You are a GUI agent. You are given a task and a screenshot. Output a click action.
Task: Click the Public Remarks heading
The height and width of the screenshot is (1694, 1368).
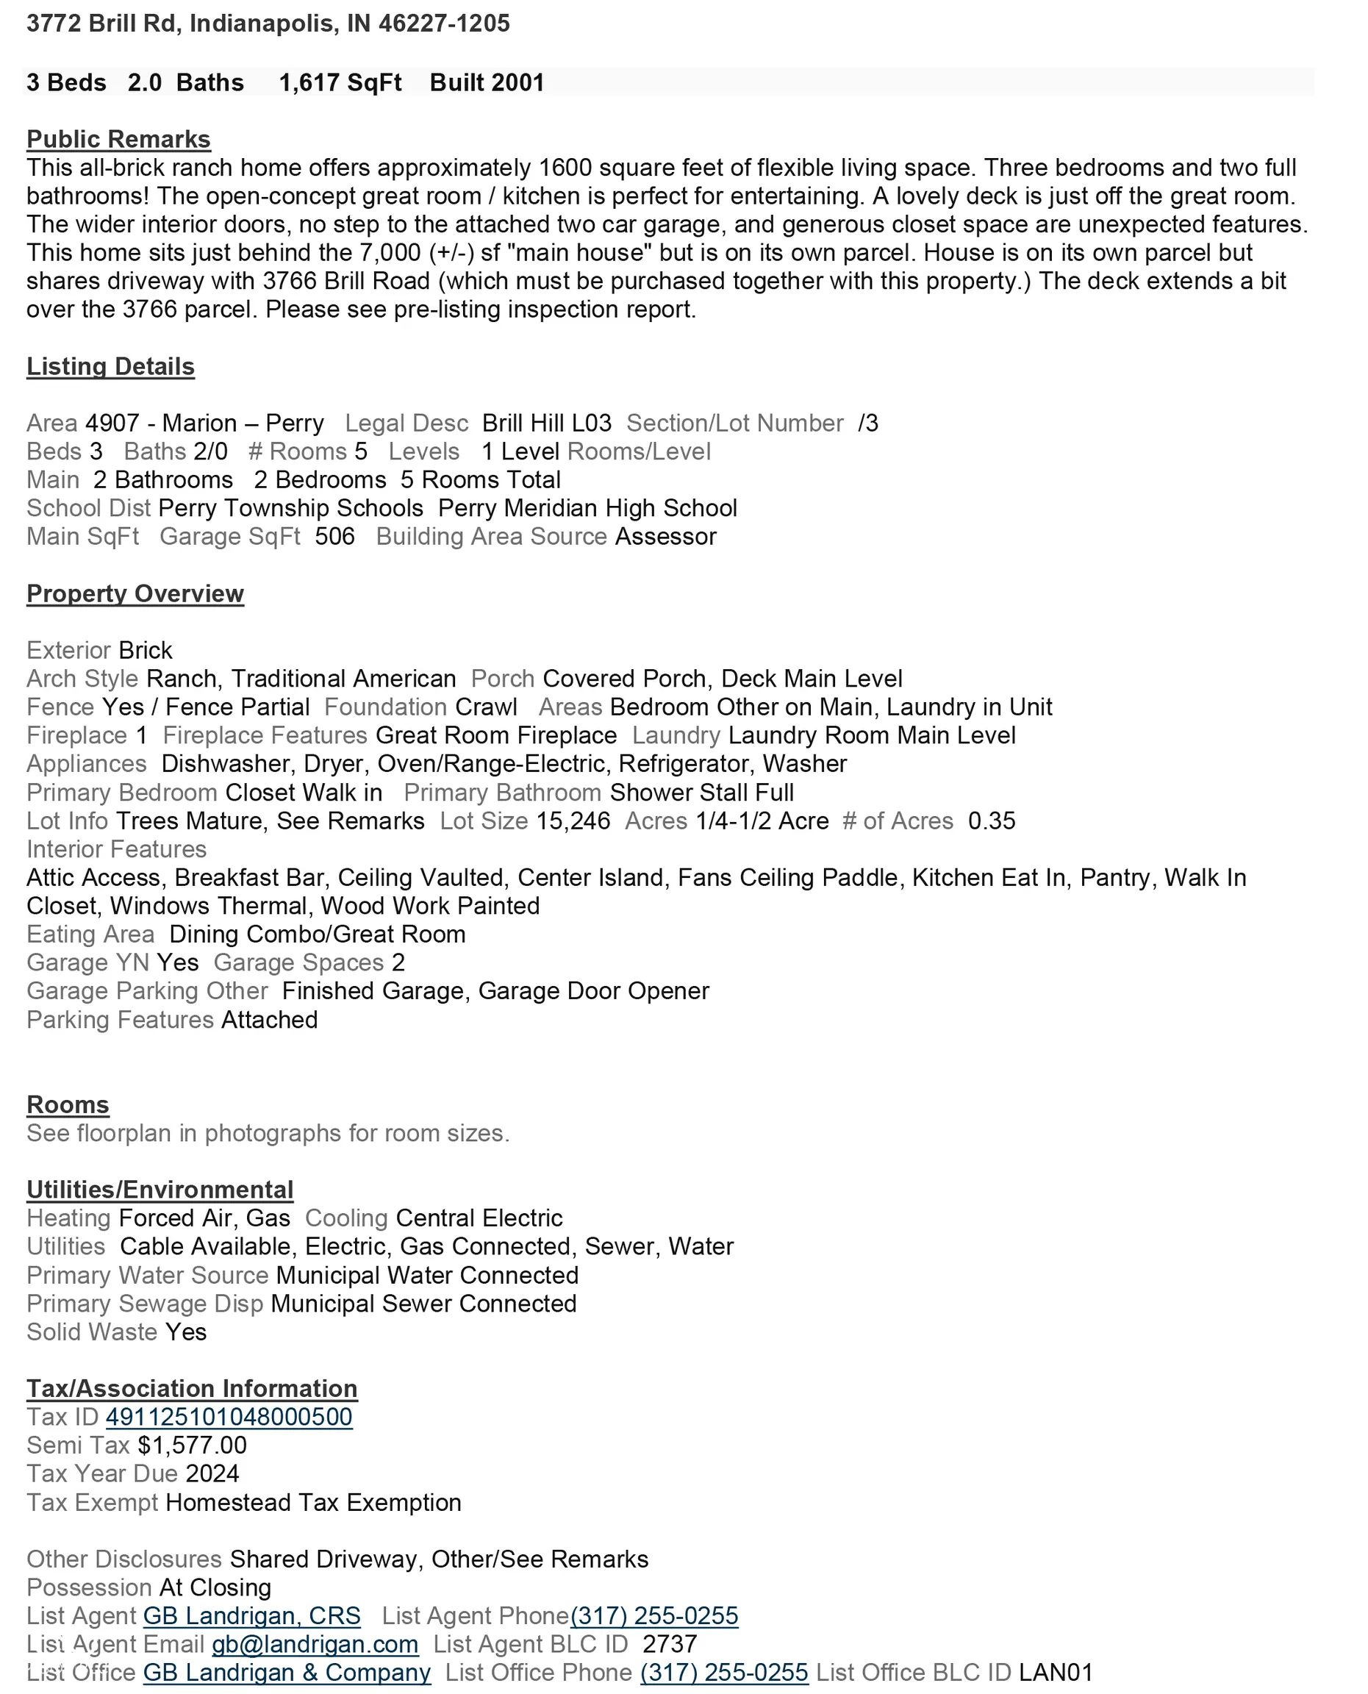[118, 140]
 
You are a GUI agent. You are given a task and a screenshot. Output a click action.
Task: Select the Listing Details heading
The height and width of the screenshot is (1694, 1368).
[110, 367]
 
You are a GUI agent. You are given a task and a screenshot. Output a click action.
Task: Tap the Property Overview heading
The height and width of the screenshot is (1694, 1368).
[135, 593]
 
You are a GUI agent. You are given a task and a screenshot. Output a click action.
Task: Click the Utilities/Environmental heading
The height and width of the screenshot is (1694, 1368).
[160, 1190]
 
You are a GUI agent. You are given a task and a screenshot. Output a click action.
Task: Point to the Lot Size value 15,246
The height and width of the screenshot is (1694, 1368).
[573, 821]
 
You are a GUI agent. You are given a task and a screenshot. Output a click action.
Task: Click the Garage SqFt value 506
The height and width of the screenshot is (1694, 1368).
[334, 537]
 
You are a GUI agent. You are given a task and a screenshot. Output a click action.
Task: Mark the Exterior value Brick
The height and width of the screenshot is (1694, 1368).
[145, 651]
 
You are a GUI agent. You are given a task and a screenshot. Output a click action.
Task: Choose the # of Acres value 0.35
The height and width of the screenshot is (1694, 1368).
[992, 821]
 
